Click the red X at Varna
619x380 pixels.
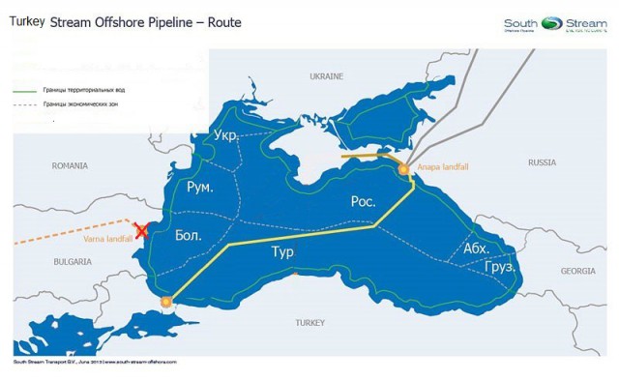point(142,230)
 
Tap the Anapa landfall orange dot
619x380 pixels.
point(403,170)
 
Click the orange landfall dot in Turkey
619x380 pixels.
point(166,302)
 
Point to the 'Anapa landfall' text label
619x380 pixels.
point(444,167)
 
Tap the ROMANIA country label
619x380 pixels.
point(70,165)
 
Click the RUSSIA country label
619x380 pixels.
point(542,162)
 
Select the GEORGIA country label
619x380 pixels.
point(577,271)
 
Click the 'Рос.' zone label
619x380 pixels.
point(364,201)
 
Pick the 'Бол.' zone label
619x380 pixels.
point(190,235)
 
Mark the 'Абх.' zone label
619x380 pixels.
point(476,248)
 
